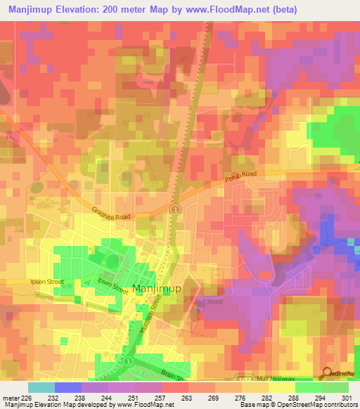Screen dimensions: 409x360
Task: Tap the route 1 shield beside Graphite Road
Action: [x=176, y=209]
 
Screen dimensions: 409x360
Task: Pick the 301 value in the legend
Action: [x=337, y=398]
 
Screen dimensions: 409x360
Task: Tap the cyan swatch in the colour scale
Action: [x=41, y=387]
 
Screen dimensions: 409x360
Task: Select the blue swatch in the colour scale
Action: [x=68, y=387]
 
